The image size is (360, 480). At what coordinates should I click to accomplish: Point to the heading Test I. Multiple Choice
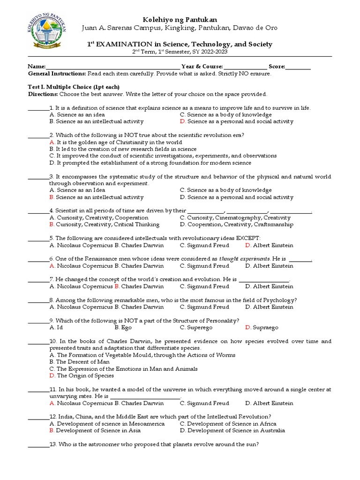pos(74,87)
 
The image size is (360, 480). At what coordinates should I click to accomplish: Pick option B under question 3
pos(96,197)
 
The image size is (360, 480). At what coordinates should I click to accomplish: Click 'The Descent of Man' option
pos(79,362)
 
